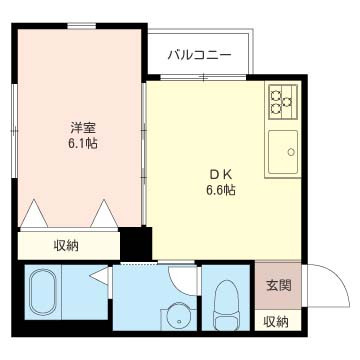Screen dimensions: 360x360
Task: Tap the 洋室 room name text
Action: (x=83, y=127)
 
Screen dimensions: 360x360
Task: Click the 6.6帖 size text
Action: (x=220, y=188)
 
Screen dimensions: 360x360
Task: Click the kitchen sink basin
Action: (x=284, y=152)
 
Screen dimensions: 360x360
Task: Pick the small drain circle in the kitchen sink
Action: (x=292, y=153)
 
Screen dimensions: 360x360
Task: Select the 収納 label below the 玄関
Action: (x=277, y=321)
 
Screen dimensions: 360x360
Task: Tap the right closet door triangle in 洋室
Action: (x=104, y=215)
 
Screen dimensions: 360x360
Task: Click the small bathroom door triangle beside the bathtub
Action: (x=97, y=279)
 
